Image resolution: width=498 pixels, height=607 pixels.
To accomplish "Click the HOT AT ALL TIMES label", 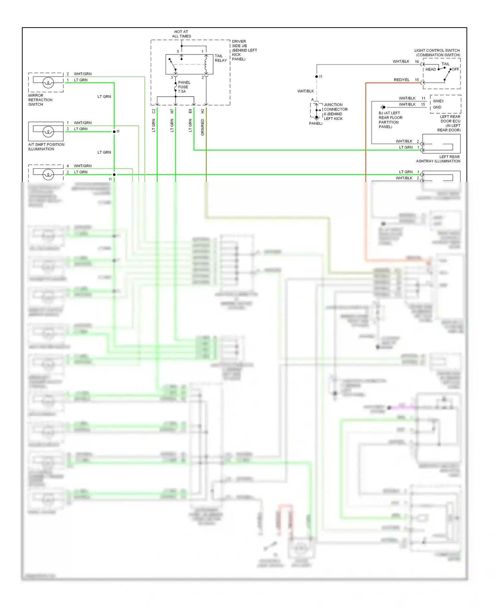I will click(181, 34).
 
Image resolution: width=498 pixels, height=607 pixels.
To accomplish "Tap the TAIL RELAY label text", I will click(220, 58).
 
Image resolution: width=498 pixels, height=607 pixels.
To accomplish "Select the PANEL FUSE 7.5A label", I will click(184, 87).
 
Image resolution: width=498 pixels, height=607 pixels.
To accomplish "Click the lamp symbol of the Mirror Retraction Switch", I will click(48, 82).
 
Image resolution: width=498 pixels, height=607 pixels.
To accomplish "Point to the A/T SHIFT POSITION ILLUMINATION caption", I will click(46, 147).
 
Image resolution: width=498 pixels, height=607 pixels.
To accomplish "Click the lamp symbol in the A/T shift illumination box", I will click(48, 131).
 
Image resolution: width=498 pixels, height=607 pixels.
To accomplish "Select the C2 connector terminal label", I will click(153, 111).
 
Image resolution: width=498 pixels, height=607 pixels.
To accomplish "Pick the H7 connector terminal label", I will click(172, 111).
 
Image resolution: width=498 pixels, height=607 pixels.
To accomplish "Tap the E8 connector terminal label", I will click(190, 111).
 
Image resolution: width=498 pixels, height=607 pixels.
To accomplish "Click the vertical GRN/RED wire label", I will click(203, 127).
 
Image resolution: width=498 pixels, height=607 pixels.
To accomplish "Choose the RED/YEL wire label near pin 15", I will click(401, 80).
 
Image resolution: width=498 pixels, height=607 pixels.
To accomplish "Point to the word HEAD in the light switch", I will click(431, 69).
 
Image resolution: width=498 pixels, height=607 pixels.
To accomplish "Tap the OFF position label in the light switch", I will click(456, 69).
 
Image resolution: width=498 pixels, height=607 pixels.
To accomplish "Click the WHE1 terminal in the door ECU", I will click(438, 101).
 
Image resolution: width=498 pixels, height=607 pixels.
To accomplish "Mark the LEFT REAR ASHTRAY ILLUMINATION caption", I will click(438, 159).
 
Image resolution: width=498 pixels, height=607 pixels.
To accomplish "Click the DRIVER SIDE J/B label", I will click(244, 50).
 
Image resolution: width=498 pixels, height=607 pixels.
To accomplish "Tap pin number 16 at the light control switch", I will click(417, 62).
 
